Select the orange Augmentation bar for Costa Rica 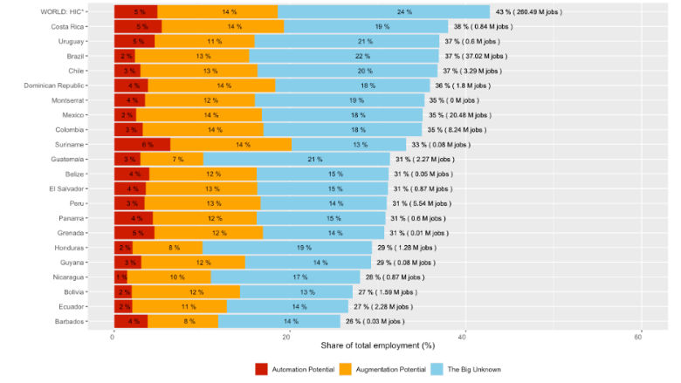pos(223,26)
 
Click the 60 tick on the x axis pos(639,337)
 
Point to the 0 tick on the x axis pos(113,337)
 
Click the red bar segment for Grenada pos(134,233)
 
